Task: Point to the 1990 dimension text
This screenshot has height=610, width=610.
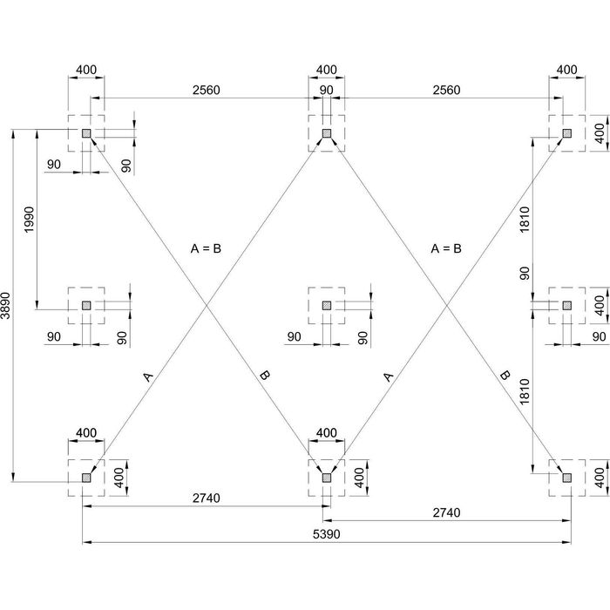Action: (29, 219)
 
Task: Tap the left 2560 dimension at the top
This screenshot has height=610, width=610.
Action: (206, 91)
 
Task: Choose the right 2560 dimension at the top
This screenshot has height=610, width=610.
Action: (446, 91)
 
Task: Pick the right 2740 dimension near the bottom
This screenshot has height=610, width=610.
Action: (446, 513)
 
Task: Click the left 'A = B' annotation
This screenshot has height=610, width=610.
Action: (207, 248)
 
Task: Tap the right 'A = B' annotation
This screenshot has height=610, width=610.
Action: (446, 248)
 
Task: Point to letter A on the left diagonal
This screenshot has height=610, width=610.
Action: (147, 376)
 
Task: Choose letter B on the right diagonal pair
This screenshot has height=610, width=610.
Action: (504, 376)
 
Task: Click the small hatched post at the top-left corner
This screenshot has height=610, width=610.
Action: (86, 133)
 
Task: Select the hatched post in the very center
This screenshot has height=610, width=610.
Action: (327, 305)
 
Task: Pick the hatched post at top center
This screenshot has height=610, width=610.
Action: (327, 133)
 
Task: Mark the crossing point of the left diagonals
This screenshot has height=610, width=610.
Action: (207, 305)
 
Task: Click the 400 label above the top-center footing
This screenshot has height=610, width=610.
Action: (326, 70)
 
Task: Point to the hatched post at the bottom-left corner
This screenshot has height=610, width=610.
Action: (86, 477)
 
